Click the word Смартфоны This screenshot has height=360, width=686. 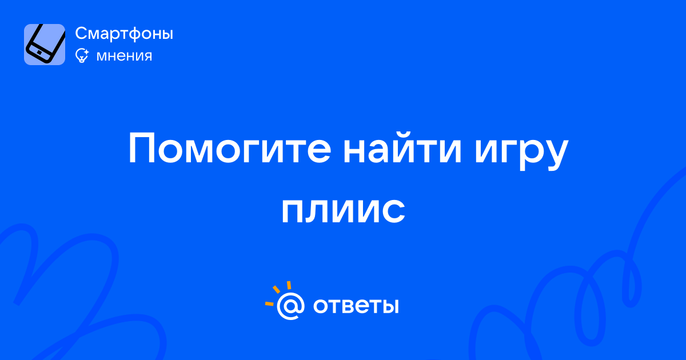point(124,34)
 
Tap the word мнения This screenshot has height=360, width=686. point(124,56)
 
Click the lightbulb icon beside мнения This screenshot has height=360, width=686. point(82,55)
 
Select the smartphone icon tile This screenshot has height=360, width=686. point(45,45)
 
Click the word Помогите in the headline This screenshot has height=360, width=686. point(230,149)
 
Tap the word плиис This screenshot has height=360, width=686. point(344,210)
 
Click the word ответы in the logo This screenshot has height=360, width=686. point(356,306)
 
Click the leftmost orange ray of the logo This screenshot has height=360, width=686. point(269,303)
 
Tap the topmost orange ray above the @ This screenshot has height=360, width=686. point(289,285)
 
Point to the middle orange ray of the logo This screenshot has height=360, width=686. point(276,289)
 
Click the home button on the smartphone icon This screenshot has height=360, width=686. point(39,52)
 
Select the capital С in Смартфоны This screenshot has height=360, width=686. point(82,33)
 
